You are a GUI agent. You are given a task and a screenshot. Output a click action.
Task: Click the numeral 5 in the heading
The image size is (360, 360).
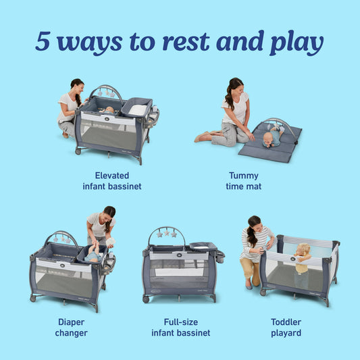pos(43,41)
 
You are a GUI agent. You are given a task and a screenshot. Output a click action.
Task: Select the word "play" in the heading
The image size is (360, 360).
pos(295,43)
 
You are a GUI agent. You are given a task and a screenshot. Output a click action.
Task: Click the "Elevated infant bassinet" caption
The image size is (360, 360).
pos(112,180)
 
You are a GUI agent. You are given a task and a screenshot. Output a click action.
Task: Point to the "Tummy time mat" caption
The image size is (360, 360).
pos(245,180)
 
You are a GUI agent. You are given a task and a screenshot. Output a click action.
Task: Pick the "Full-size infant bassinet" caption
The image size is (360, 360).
pos(180,327)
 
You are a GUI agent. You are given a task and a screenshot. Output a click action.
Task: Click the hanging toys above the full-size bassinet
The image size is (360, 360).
pos(165,234)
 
